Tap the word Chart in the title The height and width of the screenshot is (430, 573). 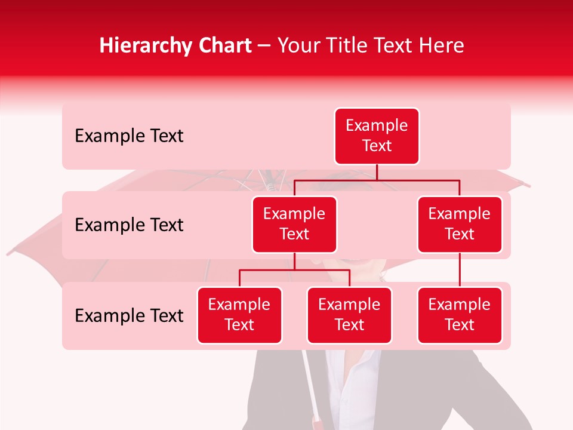[223, 46]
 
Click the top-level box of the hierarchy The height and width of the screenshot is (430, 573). [377, 136]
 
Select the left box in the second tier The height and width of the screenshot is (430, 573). [294, 224]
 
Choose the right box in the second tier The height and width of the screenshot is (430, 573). [460, 224]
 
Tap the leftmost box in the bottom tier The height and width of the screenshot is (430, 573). [239, 315]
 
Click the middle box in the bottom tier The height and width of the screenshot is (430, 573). [349, 315]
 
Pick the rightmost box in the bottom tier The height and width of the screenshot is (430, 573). [460, 315]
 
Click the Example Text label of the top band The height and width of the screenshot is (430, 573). [129, 136]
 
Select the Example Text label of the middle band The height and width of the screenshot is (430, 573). [129, 225]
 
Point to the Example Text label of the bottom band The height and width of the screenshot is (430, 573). [129, 315]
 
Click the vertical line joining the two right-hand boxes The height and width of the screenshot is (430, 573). [460, 270]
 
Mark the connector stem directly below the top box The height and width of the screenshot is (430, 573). [377, 172]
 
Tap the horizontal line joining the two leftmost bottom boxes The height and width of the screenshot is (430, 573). [294, 270]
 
